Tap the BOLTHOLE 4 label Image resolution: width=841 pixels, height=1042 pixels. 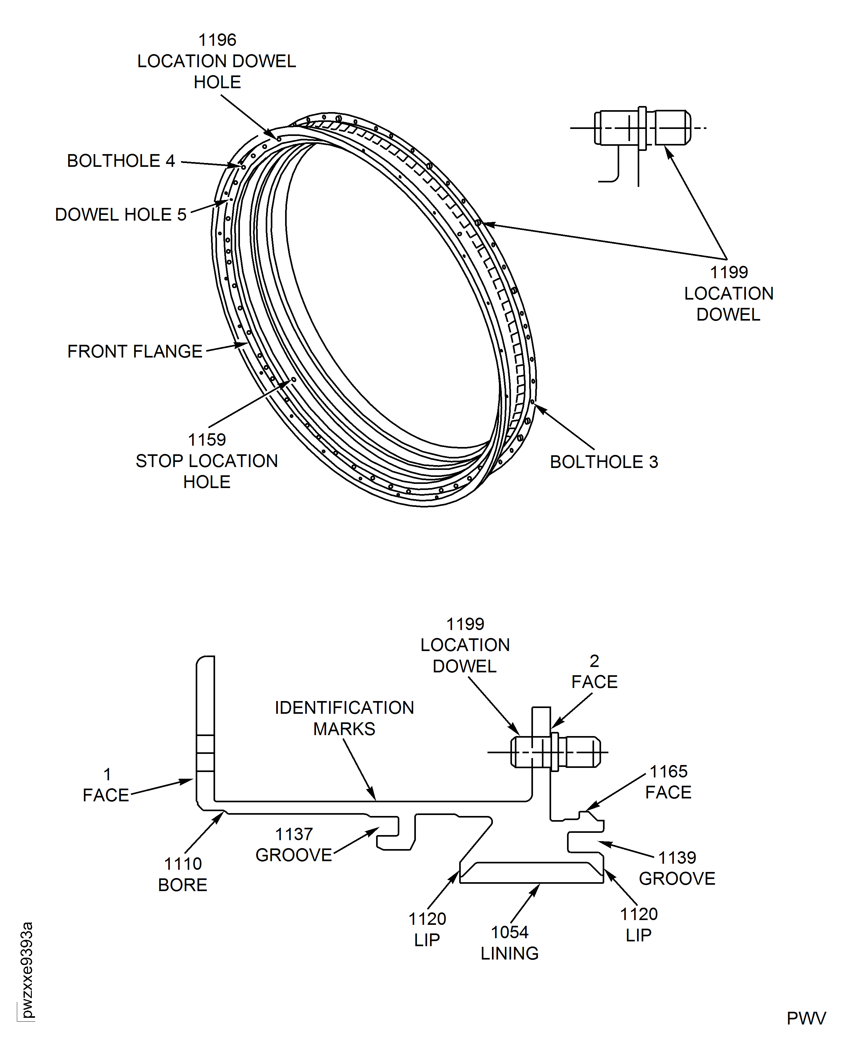pyautogui.click(x=121, y=161)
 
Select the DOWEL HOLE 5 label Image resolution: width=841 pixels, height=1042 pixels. pyautogui.click(x=121, y=214)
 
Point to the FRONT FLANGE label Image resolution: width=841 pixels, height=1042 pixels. pyautogui.click(x=135, y=351)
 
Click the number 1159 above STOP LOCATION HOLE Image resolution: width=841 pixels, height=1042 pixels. pyautogui.click(x=207, y=440)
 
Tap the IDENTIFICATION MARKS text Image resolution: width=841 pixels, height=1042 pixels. pyautogui.click(x=344, y=718)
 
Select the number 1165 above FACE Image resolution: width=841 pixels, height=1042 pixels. pyautogui.click(x=669, y=771)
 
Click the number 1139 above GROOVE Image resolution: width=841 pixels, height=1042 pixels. pyautogui.click(x=677, y=857)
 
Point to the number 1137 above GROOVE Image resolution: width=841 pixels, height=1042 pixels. pyautogui.click(x=294, y=834)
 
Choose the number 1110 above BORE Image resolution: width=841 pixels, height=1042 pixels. pyautogui.click(x=183, y=864)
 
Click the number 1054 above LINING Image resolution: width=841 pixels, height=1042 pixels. pyautogui.click(x=510, y=932)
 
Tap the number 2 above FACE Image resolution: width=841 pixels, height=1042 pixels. pyautogui.click(x=594, y=661)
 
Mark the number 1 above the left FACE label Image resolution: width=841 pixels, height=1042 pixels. pyautogui.click(x=107, y=774)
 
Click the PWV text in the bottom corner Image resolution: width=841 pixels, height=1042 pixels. pyautogui.click(x=806, y=1019)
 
